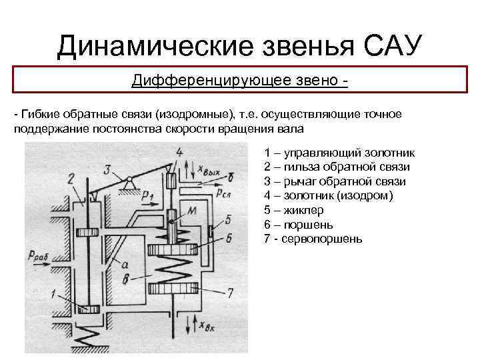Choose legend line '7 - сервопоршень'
pos(313,239)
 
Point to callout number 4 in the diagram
pos(179,152)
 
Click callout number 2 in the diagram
pos(70,177)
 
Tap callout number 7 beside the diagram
pos(230,292)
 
